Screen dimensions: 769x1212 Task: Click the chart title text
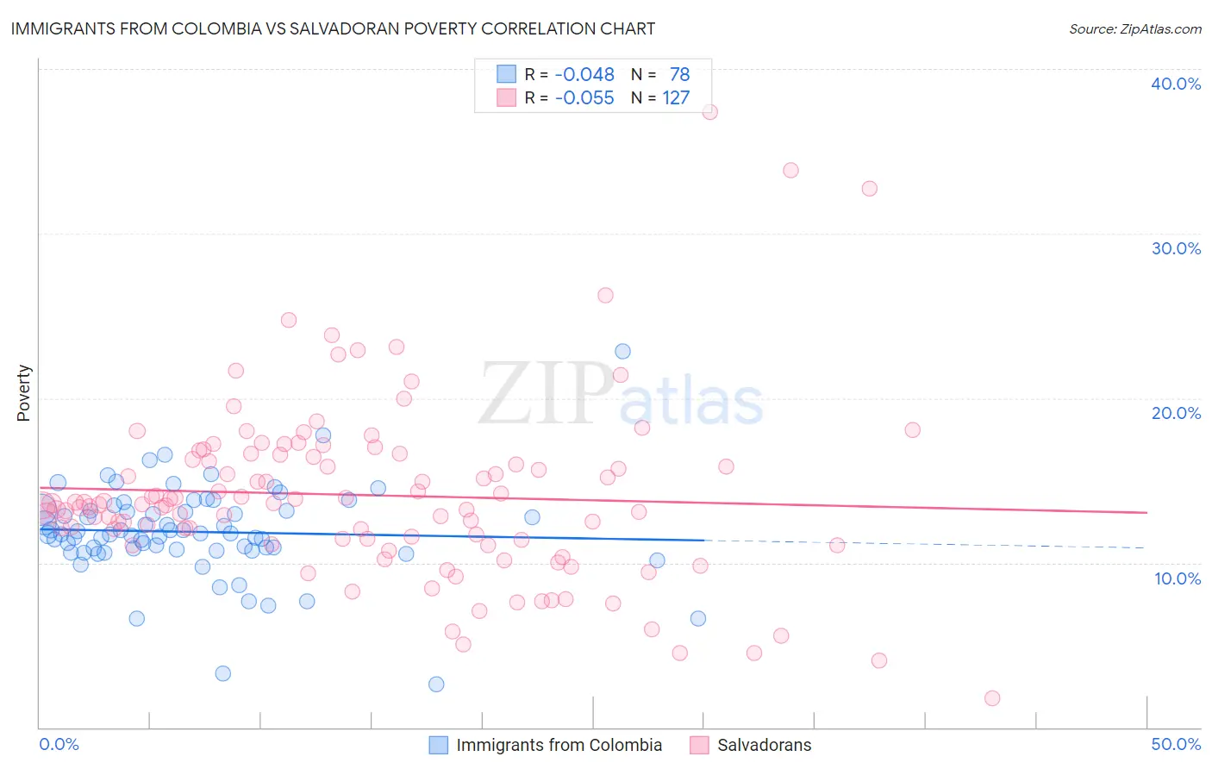(x=333, y=28)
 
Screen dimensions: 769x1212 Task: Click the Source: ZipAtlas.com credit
(x=1134, y=28)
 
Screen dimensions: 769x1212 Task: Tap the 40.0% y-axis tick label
(x=1176, y=84)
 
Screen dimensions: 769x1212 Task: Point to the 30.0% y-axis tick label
(x=1176, y=248)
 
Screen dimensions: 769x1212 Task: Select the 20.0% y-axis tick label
(x=1176, y=413)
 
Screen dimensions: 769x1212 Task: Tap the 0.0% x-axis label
(x=59, y=744)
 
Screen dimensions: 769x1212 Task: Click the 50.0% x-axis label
(x=1176, y=744)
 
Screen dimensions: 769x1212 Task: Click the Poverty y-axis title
(x=23, y=393)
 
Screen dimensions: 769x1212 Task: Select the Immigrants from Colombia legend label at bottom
(x=559, y=745)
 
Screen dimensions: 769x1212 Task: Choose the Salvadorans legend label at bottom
(x=764, y=745)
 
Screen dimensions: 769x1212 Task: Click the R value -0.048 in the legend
(x=584, y=74)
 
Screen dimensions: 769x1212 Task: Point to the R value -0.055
(x=584, y=97)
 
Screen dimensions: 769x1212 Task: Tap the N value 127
(x=676, y=97)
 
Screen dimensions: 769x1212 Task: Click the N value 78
(x=679, y=74)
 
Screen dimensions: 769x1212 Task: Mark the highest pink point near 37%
(x=710, y=112)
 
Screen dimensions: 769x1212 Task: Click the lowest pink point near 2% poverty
(x=992, y=698)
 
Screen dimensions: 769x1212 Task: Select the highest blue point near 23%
(x=622, y=351)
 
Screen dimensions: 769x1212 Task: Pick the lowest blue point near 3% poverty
(x=436, y=685)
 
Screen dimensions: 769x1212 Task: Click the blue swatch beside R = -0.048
(x=506, y=74)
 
